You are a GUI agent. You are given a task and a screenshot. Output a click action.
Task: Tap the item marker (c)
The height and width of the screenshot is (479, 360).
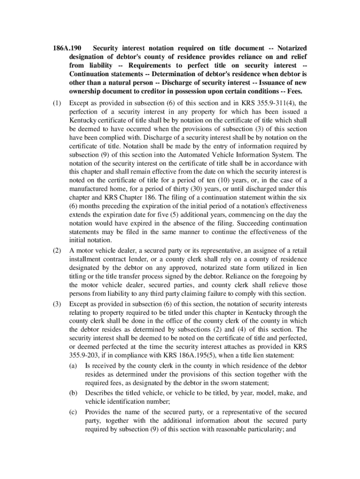[x=73, y=412]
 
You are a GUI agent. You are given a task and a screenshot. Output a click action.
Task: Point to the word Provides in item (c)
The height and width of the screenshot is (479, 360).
[x=99, y=412]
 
